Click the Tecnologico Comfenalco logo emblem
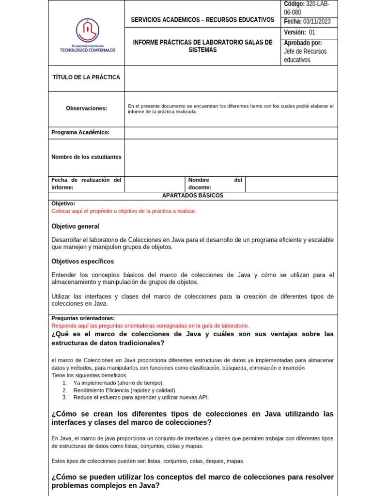[x=88, y=30]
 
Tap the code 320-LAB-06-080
[x=310, y=8]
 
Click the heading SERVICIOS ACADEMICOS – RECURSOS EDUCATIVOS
[x=202, y=20]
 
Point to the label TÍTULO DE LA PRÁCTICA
[x=86, y=77]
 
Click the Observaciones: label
[x=86, y=108]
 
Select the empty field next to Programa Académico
[x=231, y=133]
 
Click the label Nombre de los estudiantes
[x=86, y=157]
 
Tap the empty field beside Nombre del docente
[x=291, y=184]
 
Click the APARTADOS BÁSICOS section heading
[x=193, y=195]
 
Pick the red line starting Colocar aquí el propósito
[x=124, y=211]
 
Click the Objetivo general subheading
[x=75, y=226]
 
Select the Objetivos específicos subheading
[x=83, y=261]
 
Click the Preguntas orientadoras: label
[x=83, y=318]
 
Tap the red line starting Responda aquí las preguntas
[x=150, y=326]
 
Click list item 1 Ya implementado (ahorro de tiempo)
[x=118, y=383]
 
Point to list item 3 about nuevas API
[x=140, y=397]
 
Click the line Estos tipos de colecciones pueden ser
[x=148, y=461]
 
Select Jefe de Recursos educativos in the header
[x=305, y=55]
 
